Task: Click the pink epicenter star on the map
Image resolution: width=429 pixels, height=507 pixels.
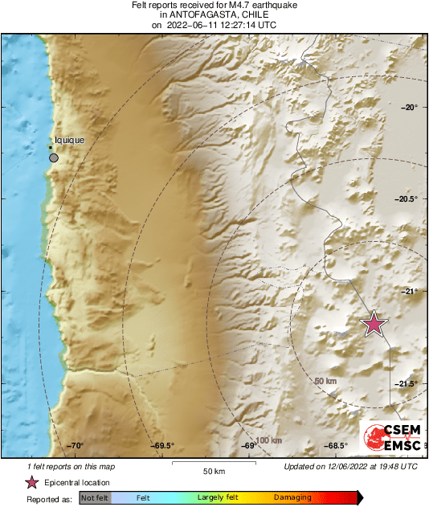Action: [x=374, y=323]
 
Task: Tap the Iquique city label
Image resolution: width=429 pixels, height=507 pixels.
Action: [x=69, y=141]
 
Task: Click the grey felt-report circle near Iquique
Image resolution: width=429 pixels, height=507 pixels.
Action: [x=54, y=157]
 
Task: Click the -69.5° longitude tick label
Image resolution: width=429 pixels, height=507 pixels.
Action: [x=164, y=445]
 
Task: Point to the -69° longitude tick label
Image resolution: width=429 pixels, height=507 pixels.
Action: [x=250, y=445]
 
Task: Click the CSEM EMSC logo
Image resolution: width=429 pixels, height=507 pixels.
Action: [x=389, y=436]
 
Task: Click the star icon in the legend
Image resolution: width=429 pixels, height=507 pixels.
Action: [x=31, y=482]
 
